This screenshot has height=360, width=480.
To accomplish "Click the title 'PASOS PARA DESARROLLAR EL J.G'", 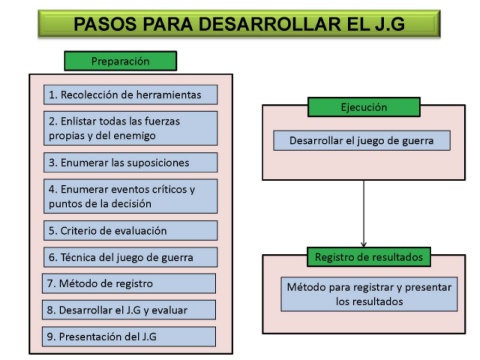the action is (239, 24).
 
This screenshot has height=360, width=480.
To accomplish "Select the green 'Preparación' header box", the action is (120, 61).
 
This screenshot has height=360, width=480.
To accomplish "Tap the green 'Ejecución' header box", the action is (364, 107).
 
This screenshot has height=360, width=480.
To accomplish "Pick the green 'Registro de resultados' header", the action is (369, 257).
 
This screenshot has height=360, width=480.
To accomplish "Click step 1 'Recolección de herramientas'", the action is (130, 95).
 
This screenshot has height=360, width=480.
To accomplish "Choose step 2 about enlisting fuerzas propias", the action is (130, 128).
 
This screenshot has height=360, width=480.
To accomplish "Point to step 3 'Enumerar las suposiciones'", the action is (130, 163).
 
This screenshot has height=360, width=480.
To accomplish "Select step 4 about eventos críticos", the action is (130, 196).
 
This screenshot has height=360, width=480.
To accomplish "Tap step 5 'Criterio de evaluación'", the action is (130, 231).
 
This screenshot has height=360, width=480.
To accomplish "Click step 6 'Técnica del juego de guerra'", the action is (130, 257).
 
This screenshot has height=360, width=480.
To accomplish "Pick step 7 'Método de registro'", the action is (129, 283).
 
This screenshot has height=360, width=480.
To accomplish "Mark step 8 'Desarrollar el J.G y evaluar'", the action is (129, 310).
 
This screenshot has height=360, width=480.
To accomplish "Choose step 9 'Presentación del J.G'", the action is (129, 337).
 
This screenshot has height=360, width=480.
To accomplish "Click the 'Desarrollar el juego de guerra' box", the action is (362, 141).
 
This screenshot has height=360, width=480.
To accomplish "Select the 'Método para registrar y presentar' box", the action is (369, 294).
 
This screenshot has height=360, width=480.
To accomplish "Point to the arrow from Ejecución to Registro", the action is (364, 214).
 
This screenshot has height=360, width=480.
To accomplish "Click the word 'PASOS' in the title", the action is (105, 24).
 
